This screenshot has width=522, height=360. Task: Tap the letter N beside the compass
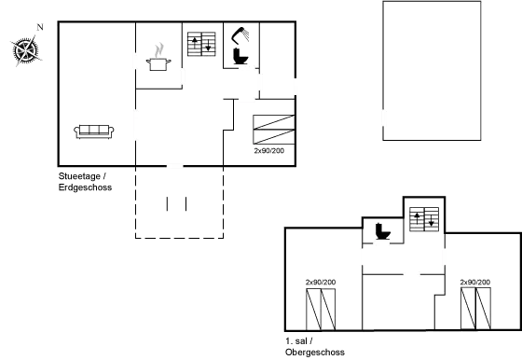[39, 28]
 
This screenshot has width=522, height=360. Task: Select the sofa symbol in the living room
[93, 131]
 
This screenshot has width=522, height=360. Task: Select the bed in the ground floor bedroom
[274, 128]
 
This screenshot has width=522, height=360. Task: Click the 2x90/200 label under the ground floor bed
[269, 147]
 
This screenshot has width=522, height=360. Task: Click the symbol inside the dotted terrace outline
[169, 204]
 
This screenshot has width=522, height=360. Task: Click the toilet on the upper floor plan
[381, 229]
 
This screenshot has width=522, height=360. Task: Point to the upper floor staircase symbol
[425, 219]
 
